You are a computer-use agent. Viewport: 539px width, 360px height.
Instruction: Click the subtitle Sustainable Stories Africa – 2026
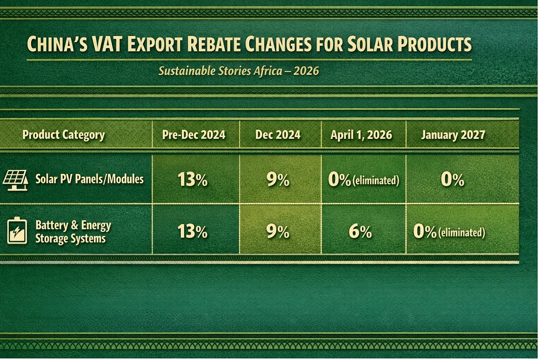point(239,71)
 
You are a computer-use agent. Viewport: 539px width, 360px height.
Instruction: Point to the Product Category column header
point(64,135)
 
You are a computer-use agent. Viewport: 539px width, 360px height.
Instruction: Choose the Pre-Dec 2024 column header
point(194,135)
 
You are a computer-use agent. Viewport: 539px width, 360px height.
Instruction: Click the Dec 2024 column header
point(278,135)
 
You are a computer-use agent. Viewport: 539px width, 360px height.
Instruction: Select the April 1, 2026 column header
point(361,135)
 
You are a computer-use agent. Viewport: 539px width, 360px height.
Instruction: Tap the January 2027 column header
point(453,135)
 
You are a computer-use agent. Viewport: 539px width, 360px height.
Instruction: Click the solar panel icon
point(16,180)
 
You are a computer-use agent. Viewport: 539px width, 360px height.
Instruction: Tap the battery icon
point(17,230)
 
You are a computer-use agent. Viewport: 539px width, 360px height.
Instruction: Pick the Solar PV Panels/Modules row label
point(90,179)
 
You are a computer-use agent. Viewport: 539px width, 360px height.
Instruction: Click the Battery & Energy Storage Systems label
point(73,232)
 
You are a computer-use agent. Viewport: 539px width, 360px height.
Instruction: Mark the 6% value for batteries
point(360,232)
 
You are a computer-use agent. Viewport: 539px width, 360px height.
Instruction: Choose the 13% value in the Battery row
point(192,232)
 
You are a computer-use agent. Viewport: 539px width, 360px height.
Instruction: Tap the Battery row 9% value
point(278,232)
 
